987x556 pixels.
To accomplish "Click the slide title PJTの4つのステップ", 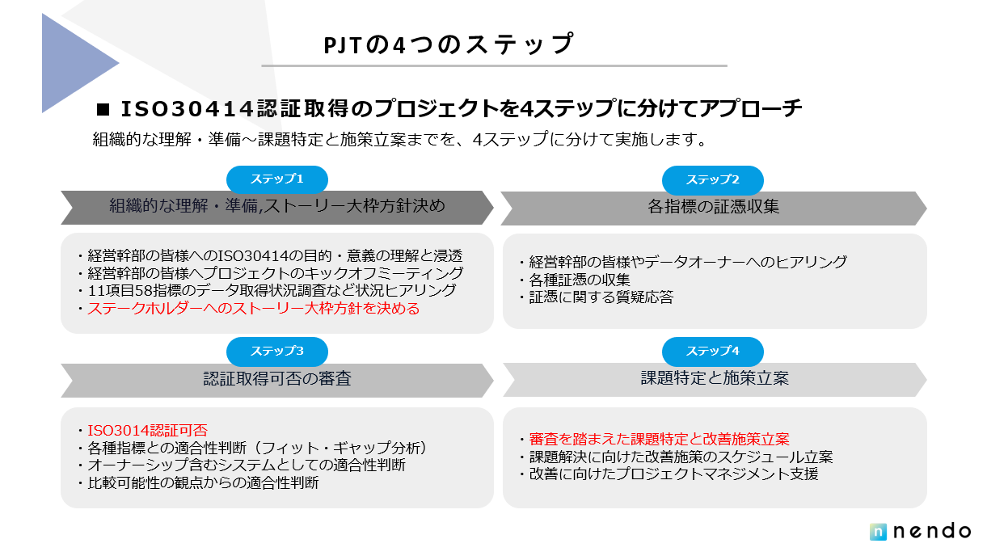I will tap(448, 45).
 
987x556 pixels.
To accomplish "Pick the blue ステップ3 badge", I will tap(276, 352).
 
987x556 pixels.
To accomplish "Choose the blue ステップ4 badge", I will tap(712, 352).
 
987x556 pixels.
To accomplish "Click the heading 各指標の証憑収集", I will tap(713, 207).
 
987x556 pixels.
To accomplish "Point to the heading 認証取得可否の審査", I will tap(276, 379).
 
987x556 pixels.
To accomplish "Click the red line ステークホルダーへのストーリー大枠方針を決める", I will tap(253, 309).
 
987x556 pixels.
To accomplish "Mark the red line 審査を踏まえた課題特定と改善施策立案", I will tap(659, 440).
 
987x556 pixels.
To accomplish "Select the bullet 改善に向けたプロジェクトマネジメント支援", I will tap(673, 474).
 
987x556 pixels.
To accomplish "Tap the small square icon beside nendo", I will tap(879, 532).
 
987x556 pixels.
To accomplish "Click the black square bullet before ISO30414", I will tap(102, 109).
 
